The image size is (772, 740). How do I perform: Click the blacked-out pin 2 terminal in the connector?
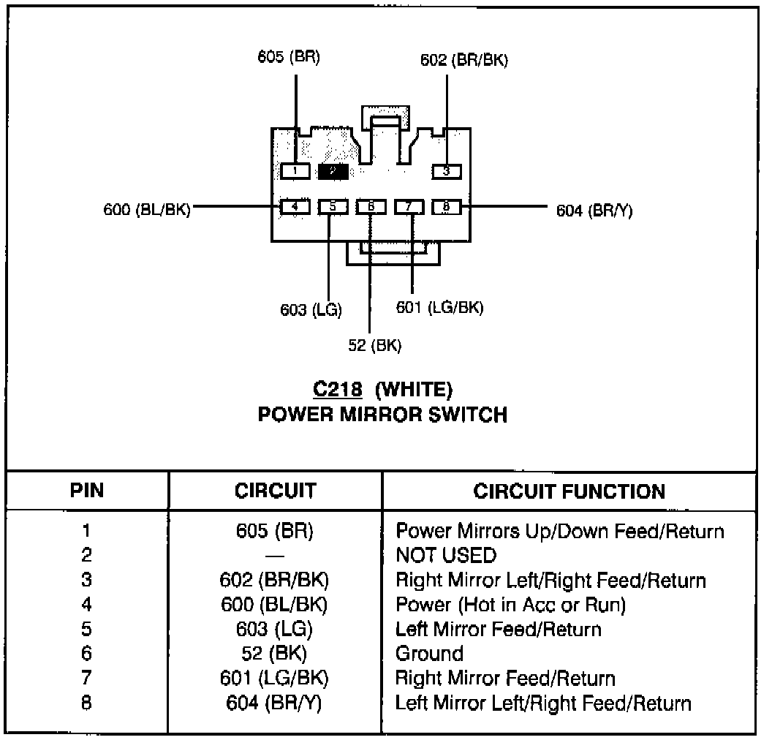[x=333, y=171]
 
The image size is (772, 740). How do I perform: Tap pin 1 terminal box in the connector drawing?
[x=295, y=171]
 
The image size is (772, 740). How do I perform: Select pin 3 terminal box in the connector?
[x=446, y=171]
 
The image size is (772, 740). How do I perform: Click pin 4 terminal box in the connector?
[x=295, y=207]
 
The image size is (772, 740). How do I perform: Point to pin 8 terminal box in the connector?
[x=446, y=207]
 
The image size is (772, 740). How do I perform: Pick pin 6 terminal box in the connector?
[x=371, y=207]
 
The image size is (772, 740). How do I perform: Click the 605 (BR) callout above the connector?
[x=289, y=58]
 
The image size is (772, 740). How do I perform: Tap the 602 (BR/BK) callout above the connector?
[x=463, y=61]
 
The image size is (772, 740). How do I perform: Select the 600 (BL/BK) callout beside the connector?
[x=147, y=210]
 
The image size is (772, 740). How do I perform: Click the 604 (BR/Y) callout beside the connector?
[x=594, y=211]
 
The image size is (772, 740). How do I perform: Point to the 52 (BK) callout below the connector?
[x=374, y=346]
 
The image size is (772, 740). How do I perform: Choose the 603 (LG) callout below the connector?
[x=311, y=309]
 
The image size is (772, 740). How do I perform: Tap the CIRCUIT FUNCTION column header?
[x=569, y=491]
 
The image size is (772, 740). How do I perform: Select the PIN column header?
[x=86, y=491]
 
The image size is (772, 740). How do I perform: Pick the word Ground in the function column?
[x=429, y=654]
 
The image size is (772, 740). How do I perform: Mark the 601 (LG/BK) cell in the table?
[x=274, y=679]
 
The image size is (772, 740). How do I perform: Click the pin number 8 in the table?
[x=86, y=703]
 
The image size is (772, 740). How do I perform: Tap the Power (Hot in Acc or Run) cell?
[x=510, y=605]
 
